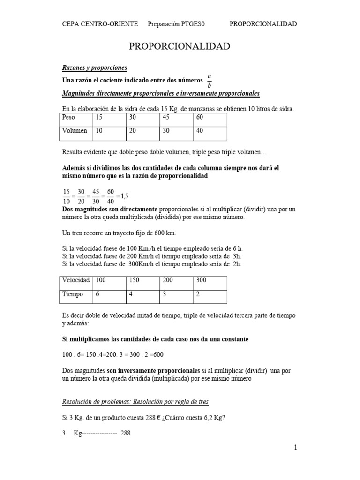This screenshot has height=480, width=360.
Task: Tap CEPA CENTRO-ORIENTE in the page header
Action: pyautogui.click(x=100, y=24)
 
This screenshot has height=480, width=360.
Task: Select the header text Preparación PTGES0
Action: pyautogui.click(x=177, y=24)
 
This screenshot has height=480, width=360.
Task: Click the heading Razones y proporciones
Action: pyautogui.click(x=95, y=68)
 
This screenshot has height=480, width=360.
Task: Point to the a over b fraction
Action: pyautogui.click(x=209, y=80)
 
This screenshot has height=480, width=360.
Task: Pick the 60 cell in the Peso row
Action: pyautogui.click(x=210, y=118)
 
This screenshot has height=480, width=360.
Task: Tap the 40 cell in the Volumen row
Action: pyautogui.click(x=210, y=131)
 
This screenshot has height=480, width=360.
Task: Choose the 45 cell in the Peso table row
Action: pyautogui.click(x=176, y=118)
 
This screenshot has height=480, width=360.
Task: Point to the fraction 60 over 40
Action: pyautogui.click(x=111, y=195)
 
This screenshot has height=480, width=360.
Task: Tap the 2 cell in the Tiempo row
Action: pyautogui.click(x=210, y=294)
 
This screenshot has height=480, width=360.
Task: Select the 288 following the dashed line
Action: pyautogui.click(x=125, y=434)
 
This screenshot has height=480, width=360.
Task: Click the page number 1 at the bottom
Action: pyautogui.click(x=296, y=448)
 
